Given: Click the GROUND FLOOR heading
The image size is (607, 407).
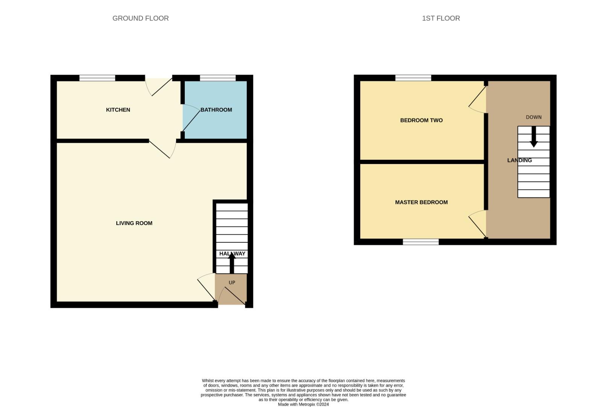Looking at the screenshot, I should click(140, 18).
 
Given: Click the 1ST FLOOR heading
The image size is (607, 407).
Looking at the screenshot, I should click(441, 18).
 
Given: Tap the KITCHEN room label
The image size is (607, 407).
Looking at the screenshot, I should click(118, 110).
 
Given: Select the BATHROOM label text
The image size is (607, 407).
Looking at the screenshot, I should click(216, 110).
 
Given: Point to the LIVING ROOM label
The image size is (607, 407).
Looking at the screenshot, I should click(134, 223).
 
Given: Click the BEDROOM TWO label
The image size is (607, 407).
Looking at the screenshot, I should click(421, 120).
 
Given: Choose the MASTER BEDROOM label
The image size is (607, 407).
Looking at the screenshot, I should click(421, 202).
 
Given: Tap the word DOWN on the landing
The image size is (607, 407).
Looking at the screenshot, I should click(534, 117).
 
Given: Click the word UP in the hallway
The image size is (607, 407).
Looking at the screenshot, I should click(232, 283).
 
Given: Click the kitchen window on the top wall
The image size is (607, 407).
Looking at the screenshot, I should click(97, 78).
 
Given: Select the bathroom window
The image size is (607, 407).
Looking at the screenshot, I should click(218, 78).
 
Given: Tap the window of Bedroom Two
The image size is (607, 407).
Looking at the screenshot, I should click(413, 78).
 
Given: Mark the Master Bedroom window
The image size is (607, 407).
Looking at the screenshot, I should click(420, 242).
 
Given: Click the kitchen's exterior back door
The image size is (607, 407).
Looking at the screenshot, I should click(158, 86).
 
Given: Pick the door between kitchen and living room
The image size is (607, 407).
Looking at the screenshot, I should click(163, 148).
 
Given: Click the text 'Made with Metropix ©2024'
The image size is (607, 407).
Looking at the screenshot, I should click(303, 404).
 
